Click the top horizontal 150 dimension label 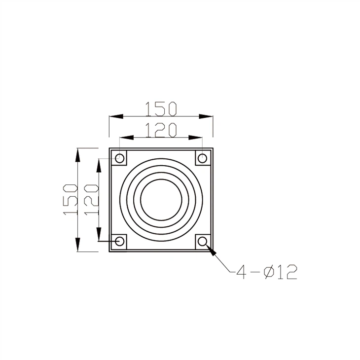click(160, 108)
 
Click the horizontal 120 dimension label click(160, 129)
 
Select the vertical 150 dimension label click(71, 199)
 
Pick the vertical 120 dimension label click(91, 199)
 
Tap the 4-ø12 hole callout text click(266, 272)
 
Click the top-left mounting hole click(119, 158)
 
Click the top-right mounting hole click(202, 158)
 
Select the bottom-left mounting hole click(119, 241)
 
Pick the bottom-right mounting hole click(202, 241)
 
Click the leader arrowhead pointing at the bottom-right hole click(211, 249)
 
